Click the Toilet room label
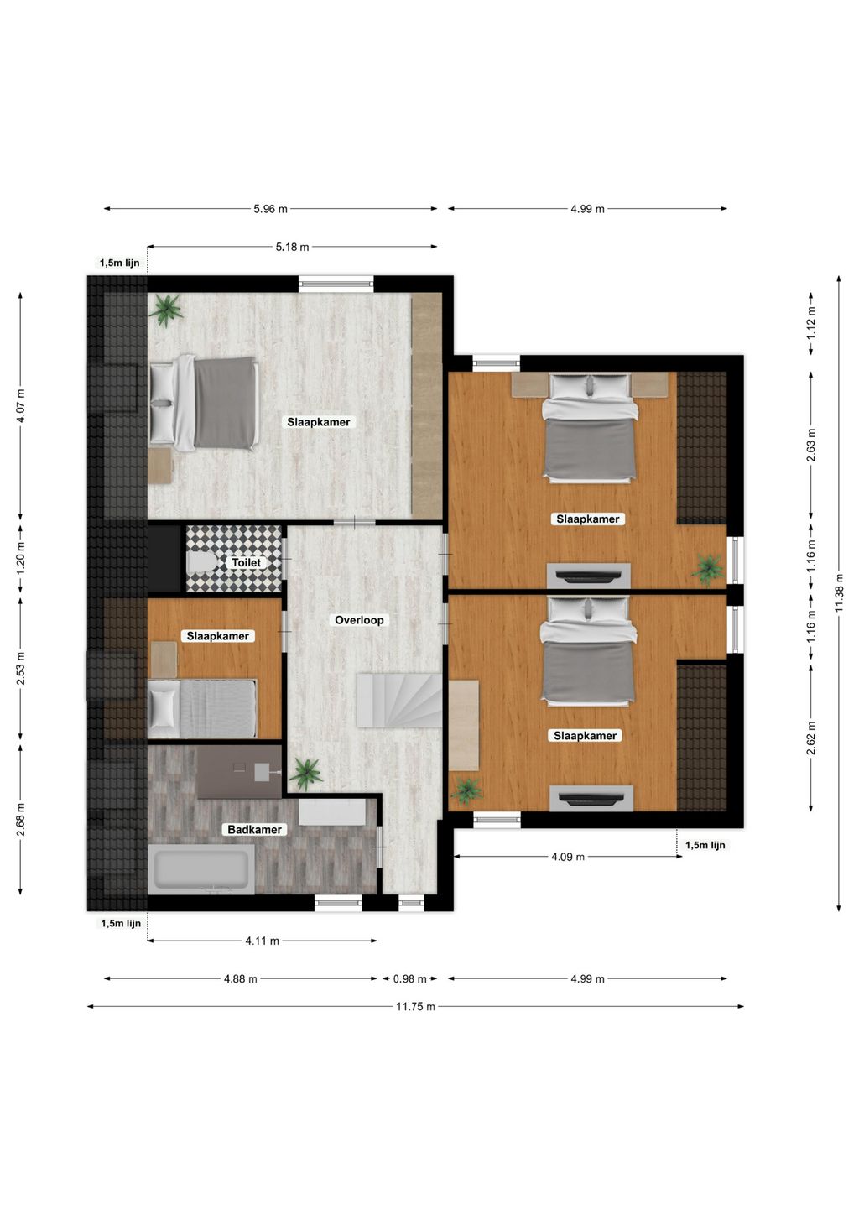[246, 562]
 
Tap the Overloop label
[359, 620]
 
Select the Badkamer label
[254, 829]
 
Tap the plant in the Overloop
[306, 773]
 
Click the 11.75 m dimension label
[415, 1007]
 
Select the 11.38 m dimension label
[839, 593]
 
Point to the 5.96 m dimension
[271, 209]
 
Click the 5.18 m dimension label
[292, 247]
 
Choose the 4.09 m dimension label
[568, 857]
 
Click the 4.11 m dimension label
[263, 941]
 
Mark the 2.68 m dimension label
[21, 819]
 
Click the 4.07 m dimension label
[21, 406]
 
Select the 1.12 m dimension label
[811, 323]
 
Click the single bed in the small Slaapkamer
[201, 709]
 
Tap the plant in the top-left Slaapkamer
[165, 310]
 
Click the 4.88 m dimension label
[241, 979]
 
